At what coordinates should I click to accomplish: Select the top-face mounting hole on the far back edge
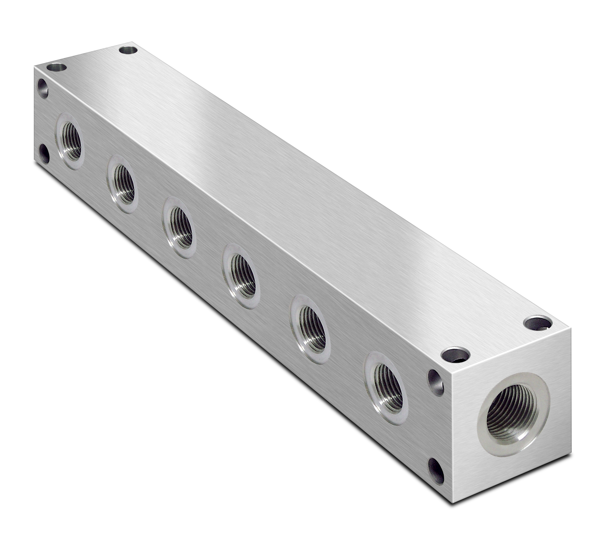click(128, 50)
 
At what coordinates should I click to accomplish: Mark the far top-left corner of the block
click(34, 67)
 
